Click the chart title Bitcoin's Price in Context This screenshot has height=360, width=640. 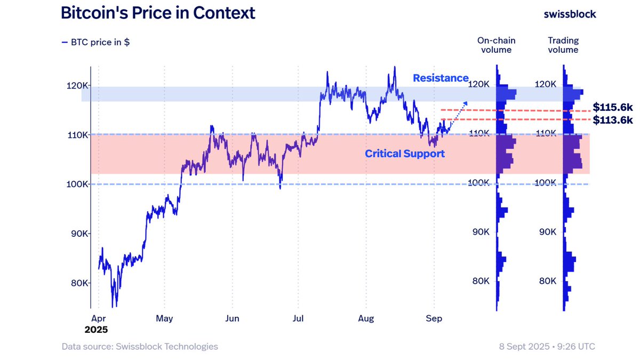pos(158,13)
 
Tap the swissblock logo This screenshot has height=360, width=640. pos(570,14)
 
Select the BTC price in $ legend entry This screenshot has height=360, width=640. pos(95,42)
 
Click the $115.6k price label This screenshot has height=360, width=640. pos(613,107)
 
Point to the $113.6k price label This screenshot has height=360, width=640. pos(613,120)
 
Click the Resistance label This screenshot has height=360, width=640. pos(441,78)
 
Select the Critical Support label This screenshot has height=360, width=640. pos(404,154)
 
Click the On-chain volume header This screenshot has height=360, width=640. pos(496,45)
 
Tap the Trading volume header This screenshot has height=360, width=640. pos(563,45)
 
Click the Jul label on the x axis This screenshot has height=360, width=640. pos(298,318)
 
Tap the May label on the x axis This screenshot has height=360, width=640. pos(164,318)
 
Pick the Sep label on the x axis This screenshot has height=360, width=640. pos(434,318)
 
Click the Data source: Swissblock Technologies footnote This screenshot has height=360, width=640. pos(140,347)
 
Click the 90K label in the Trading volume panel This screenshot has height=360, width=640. pos(547,232)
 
